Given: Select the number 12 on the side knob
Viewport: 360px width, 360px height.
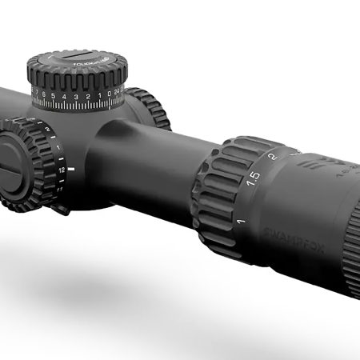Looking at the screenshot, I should tap(61, 170).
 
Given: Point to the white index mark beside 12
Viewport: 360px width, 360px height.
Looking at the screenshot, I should tap(72, 170).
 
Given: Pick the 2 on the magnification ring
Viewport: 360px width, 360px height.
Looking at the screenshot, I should tap(272, 157).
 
